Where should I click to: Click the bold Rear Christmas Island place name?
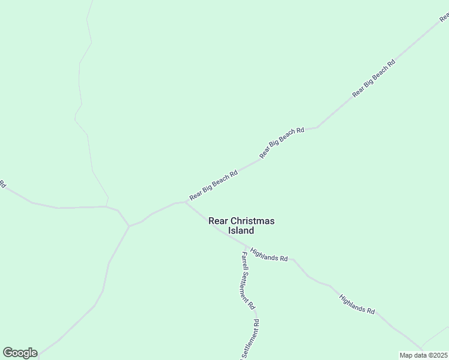tap(241, 226)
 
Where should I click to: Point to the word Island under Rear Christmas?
tap(241, 230)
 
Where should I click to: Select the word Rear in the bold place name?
tap(218, 221)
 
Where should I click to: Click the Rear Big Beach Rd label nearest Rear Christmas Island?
tap(214, 185)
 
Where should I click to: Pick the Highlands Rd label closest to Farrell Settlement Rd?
tap(269, 254)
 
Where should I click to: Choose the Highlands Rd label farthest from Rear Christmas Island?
tap(357, 304)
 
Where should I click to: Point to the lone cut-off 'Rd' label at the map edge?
tap(3, 184)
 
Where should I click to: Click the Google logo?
tap(20, 353)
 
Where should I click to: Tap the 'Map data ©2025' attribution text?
tap(424, 355)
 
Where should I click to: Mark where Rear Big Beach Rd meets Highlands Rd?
tap(185, 202)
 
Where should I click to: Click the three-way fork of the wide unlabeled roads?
tap(129, 226)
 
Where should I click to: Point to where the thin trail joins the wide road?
tap(106, 206)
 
